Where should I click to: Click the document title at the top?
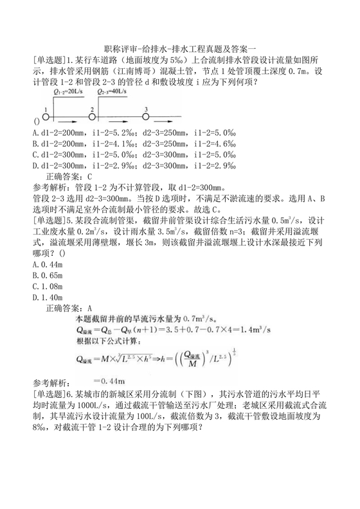tap(179, 49)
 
